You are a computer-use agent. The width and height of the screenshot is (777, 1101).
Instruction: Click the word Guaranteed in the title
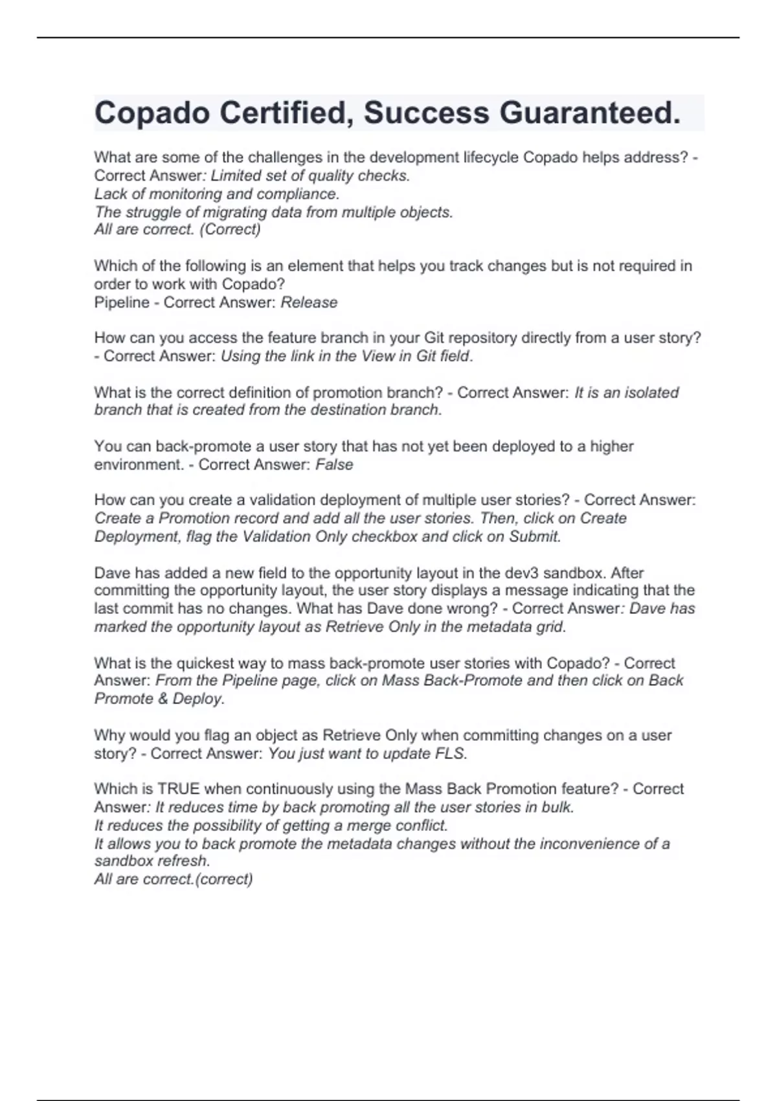[590, 113]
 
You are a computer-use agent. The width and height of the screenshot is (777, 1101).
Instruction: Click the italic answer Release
[309, 302]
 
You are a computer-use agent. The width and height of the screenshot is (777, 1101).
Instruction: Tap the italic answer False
[334, 464]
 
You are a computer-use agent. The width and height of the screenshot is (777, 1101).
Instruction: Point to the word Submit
[534, 536]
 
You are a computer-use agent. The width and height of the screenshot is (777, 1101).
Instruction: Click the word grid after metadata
[552, 627]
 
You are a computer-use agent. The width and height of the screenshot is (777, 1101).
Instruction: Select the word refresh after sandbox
[185, 861]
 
